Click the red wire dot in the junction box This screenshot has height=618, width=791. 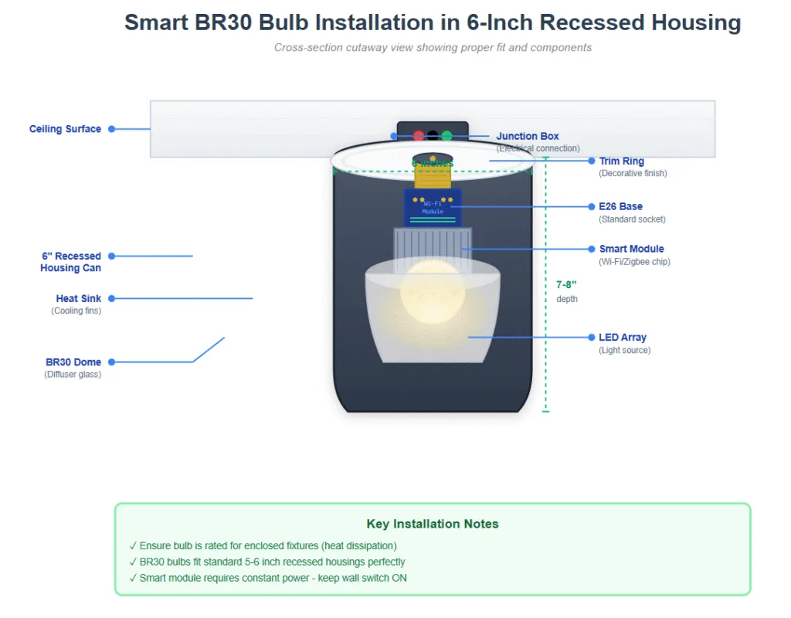tap(419, 136)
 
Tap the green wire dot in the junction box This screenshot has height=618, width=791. tap(446, 136)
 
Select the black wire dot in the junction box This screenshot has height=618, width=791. tap(433, 136)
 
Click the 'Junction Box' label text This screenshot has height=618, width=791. tap(528, 136)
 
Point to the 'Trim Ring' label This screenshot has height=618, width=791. tap(621, 161)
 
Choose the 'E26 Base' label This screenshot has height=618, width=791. tap(620, 206)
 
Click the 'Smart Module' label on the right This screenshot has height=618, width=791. tap(631, 249)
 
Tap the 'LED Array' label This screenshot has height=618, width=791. tap(622, 338)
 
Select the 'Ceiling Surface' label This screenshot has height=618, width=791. tap(65, 129)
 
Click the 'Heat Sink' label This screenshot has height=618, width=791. tap(78, 298)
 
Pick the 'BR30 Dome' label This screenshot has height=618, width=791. tap(73, 362)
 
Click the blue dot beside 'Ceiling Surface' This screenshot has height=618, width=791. tap(111, 129)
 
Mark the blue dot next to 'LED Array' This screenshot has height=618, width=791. tap(590, 338)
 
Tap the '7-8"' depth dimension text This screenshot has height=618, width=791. tap(566, 285)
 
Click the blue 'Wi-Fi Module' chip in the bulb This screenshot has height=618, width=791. tap(433, 207)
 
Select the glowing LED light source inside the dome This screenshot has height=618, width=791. tap(433, 292)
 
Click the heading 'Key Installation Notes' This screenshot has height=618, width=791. tap(433, 524)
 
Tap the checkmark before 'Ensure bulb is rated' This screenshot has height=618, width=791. tap(133, 546)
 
